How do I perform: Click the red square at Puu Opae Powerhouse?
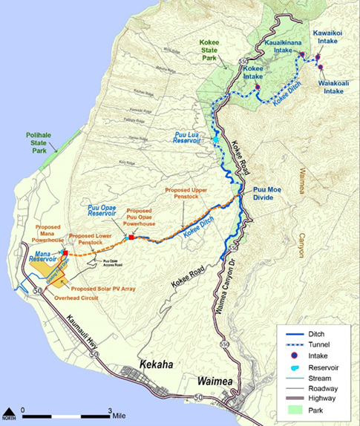coord(131,237)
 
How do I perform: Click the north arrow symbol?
coord(8,411)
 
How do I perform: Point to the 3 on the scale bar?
coord(111,410)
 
